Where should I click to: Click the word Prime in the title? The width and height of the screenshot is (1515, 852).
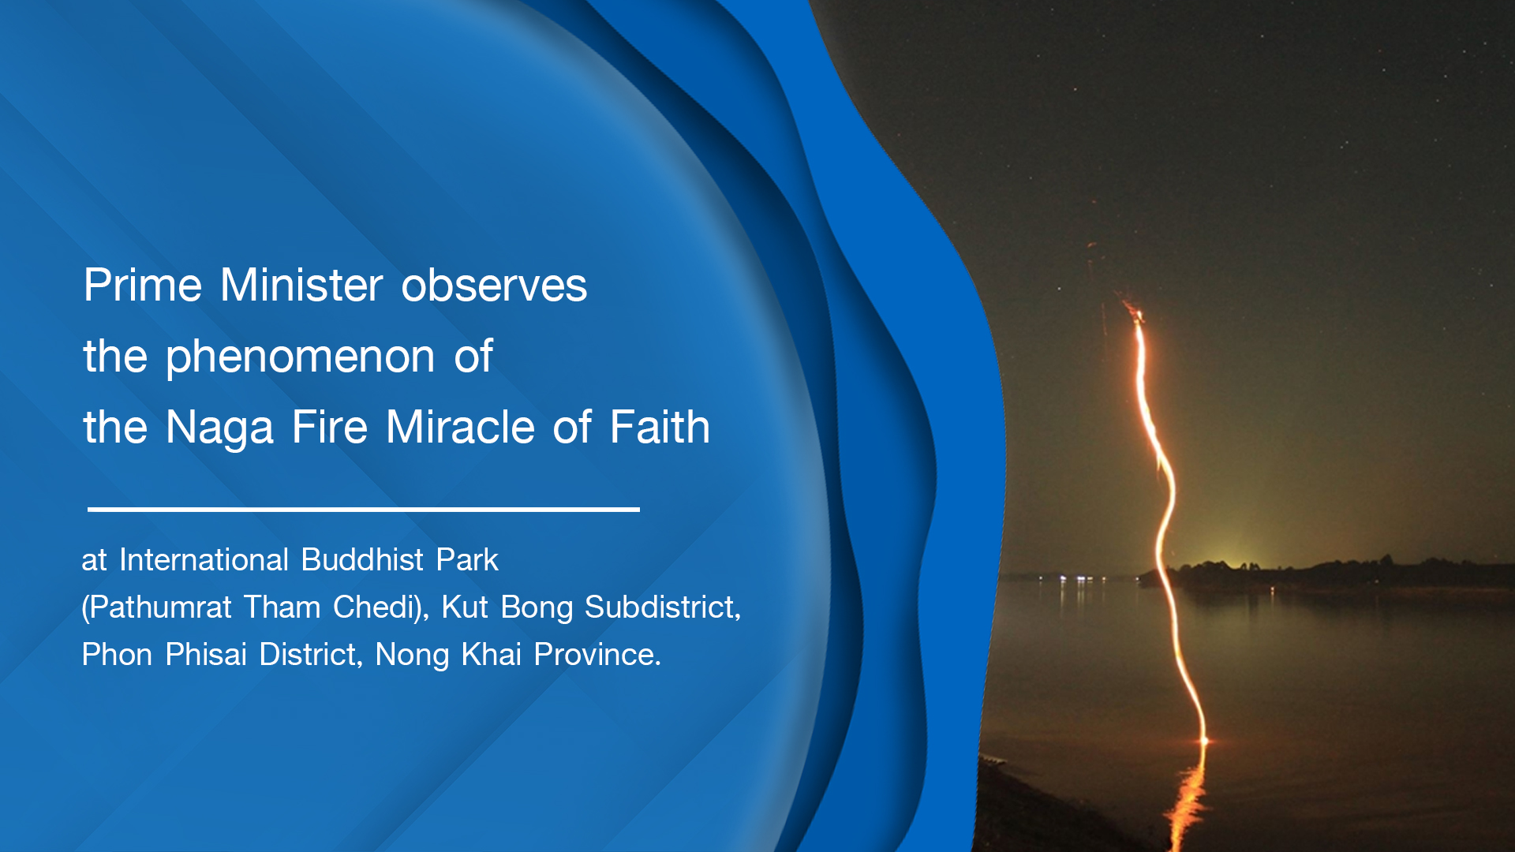[143, 285]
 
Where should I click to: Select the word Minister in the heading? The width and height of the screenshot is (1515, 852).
[301, 285]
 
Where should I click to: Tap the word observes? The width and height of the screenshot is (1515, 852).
[494, 285]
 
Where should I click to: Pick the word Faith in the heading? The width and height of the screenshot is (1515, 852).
[660, 427]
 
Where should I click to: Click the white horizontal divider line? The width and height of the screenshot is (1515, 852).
[364, 510]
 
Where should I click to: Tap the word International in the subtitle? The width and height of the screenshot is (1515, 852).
[204, 560]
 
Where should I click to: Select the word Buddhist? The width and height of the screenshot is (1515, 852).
[363, 560]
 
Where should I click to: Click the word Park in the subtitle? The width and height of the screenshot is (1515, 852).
[467, 560]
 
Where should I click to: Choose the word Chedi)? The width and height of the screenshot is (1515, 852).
[381, 608]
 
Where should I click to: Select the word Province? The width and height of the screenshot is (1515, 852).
[597, 655]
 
